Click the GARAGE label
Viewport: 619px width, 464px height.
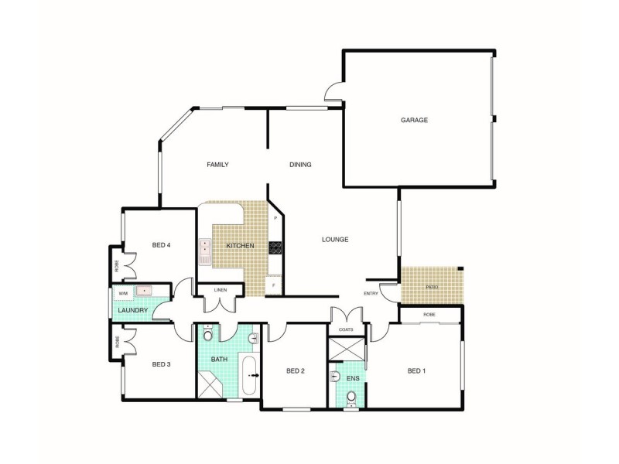(x=414, y=120)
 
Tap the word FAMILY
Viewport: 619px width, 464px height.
(x=217, y=164)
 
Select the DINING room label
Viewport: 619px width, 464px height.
(x=300, y=164)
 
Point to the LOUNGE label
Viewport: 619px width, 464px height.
(x=335, y=239)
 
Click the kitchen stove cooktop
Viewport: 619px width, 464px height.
(x=275, y=247)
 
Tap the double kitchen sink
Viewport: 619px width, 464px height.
(x=205, y=247)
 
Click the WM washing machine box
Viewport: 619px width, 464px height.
(x=123, y=294)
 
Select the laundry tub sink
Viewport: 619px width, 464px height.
(x=145, y=292)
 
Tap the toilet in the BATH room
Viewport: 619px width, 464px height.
(x=207, y=335)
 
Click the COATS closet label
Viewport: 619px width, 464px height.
(x=346, y=329)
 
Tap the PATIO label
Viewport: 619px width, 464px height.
(x=432, y=287)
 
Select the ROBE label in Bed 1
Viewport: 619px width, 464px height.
(x=429, y=315)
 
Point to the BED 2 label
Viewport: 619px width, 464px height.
(x=296, y=370)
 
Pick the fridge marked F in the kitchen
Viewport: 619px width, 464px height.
(x=275, y=286)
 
